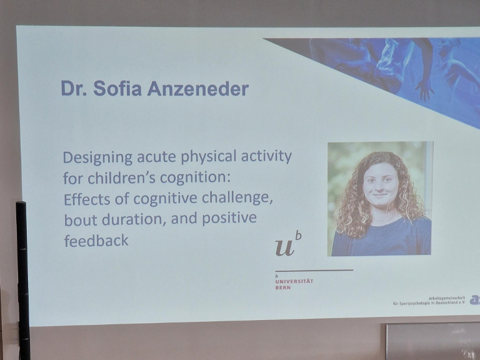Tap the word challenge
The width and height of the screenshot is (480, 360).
[239, 199]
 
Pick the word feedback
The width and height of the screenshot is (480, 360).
[96, 241]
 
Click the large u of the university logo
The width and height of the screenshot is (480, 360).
[286, 247]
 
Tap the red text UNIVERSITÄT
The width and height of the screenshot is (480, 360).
[294, 281]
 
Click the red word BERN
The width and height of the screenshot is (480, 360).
[282, 287]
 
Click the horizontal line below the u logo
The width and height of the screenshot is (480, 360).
[314, 271]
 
